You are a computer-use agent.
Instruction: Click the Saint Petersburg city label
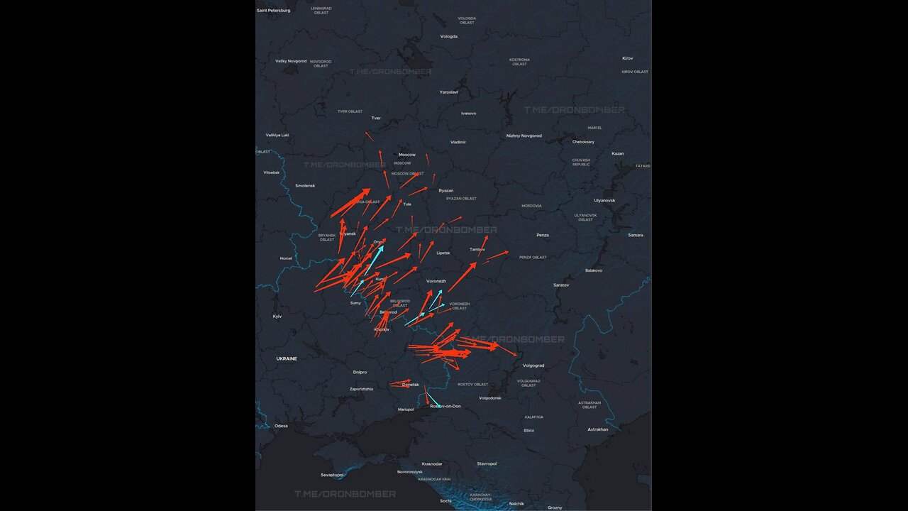pos(274,11)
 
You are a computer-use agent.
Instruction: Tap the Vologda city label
pos(449,36)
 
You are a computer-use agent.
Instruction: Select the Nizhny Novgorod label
pos(524,136)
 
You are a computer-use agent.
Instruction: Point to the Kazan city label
pos(618,153)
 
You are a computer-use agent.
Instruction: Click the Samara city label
pos(636,235)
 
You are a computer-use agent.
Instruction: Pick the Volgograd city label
pos(533,366)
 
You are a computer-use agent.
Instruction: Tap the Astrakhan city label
pos(598,429)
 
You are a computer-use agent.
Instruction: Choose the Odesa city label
pos(282,426)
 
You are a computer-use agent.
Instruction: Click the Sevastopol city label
pos(332,475)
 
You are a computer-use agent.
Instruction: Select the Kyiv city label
pos(277,316)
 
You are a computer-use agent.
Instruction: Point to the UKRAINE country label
pos(287,359)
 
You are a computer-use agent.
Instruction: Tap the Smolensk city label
pos(305,186)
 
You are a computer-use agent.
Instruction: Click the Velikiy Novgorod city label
pos(291,61)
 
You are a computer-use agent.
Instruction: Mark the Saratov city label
pos(561,285)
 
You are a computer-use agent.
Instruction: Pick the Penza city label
pos(543,235)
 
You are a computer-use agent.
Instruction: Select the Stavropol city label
pos(487,463)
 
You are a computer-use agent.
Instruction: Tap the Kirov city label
pos(628,58)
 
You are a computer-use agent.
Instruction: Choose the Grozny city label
pos(555,507)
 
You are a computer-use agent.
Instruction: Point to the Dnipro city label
pos(360,372)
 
